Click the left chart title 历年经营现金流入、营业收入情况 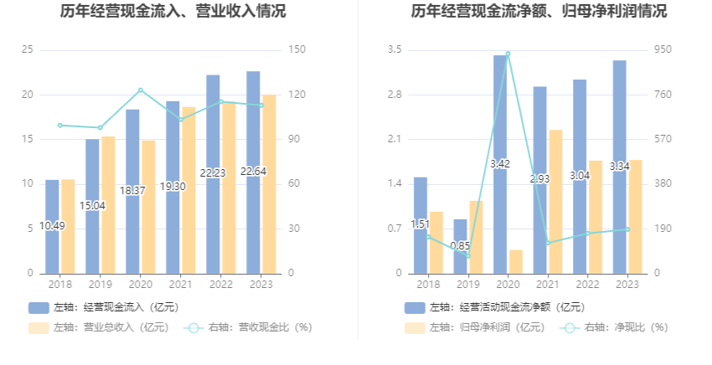click(173, 12)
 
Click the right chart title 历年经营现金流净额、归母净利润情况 click(539, 12)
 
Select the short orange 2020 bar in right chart click(516, 261)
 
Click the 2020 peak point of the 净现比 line click(508, 54)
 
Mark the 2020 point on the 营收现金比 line click(141, 90)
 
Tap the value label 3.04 click(580, 176)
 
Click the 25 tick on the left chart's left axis click(28, 50)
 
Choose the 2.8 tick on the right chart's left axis click(394, 95)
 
